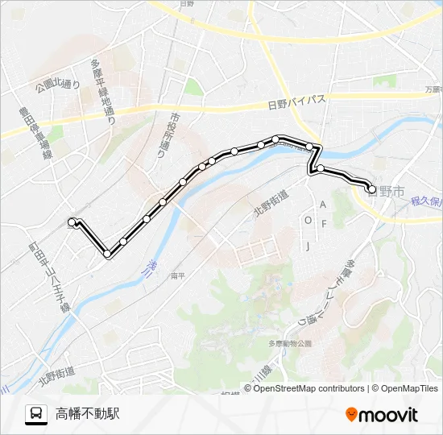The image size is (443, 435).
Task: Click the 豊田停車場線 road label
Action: pos(33,138)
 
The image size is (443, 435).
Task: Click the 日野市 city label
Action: pos(385,192)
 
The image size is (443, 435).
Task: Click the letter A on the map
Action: pos(322,205)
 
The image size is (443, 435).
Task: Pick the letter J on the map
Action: pos(307,246)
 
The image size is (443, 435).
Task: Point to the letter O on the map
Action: pos(308,219)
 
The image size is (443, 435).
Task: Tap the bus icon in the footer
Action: pos(36,414)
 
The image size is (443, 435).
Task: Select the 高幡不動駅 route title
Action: pos(88,414)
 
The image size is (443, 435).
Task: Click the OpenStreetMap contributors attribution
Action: pos(308,388)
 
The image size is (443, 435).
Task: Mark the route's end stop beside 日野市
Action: pos(371,189)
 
